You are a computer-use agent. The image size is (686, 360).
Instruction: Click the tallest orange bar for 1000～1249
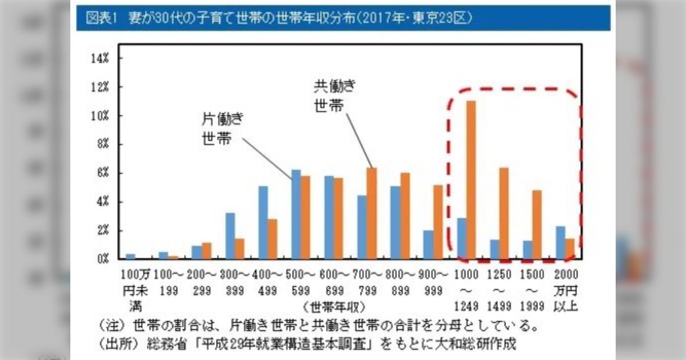tap(471, 179)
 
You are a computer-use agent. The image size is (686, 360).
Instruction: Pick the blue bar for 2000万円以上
tap(561, 242)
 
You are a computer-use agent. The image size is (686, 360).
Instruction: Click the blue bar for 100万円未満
tap(130, 256)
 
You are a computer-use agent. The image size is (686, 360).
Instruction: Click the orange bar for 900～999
tap(438, 222)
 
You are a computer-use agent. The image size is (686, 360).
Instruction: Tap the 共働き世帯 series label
tap(334, 96)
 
